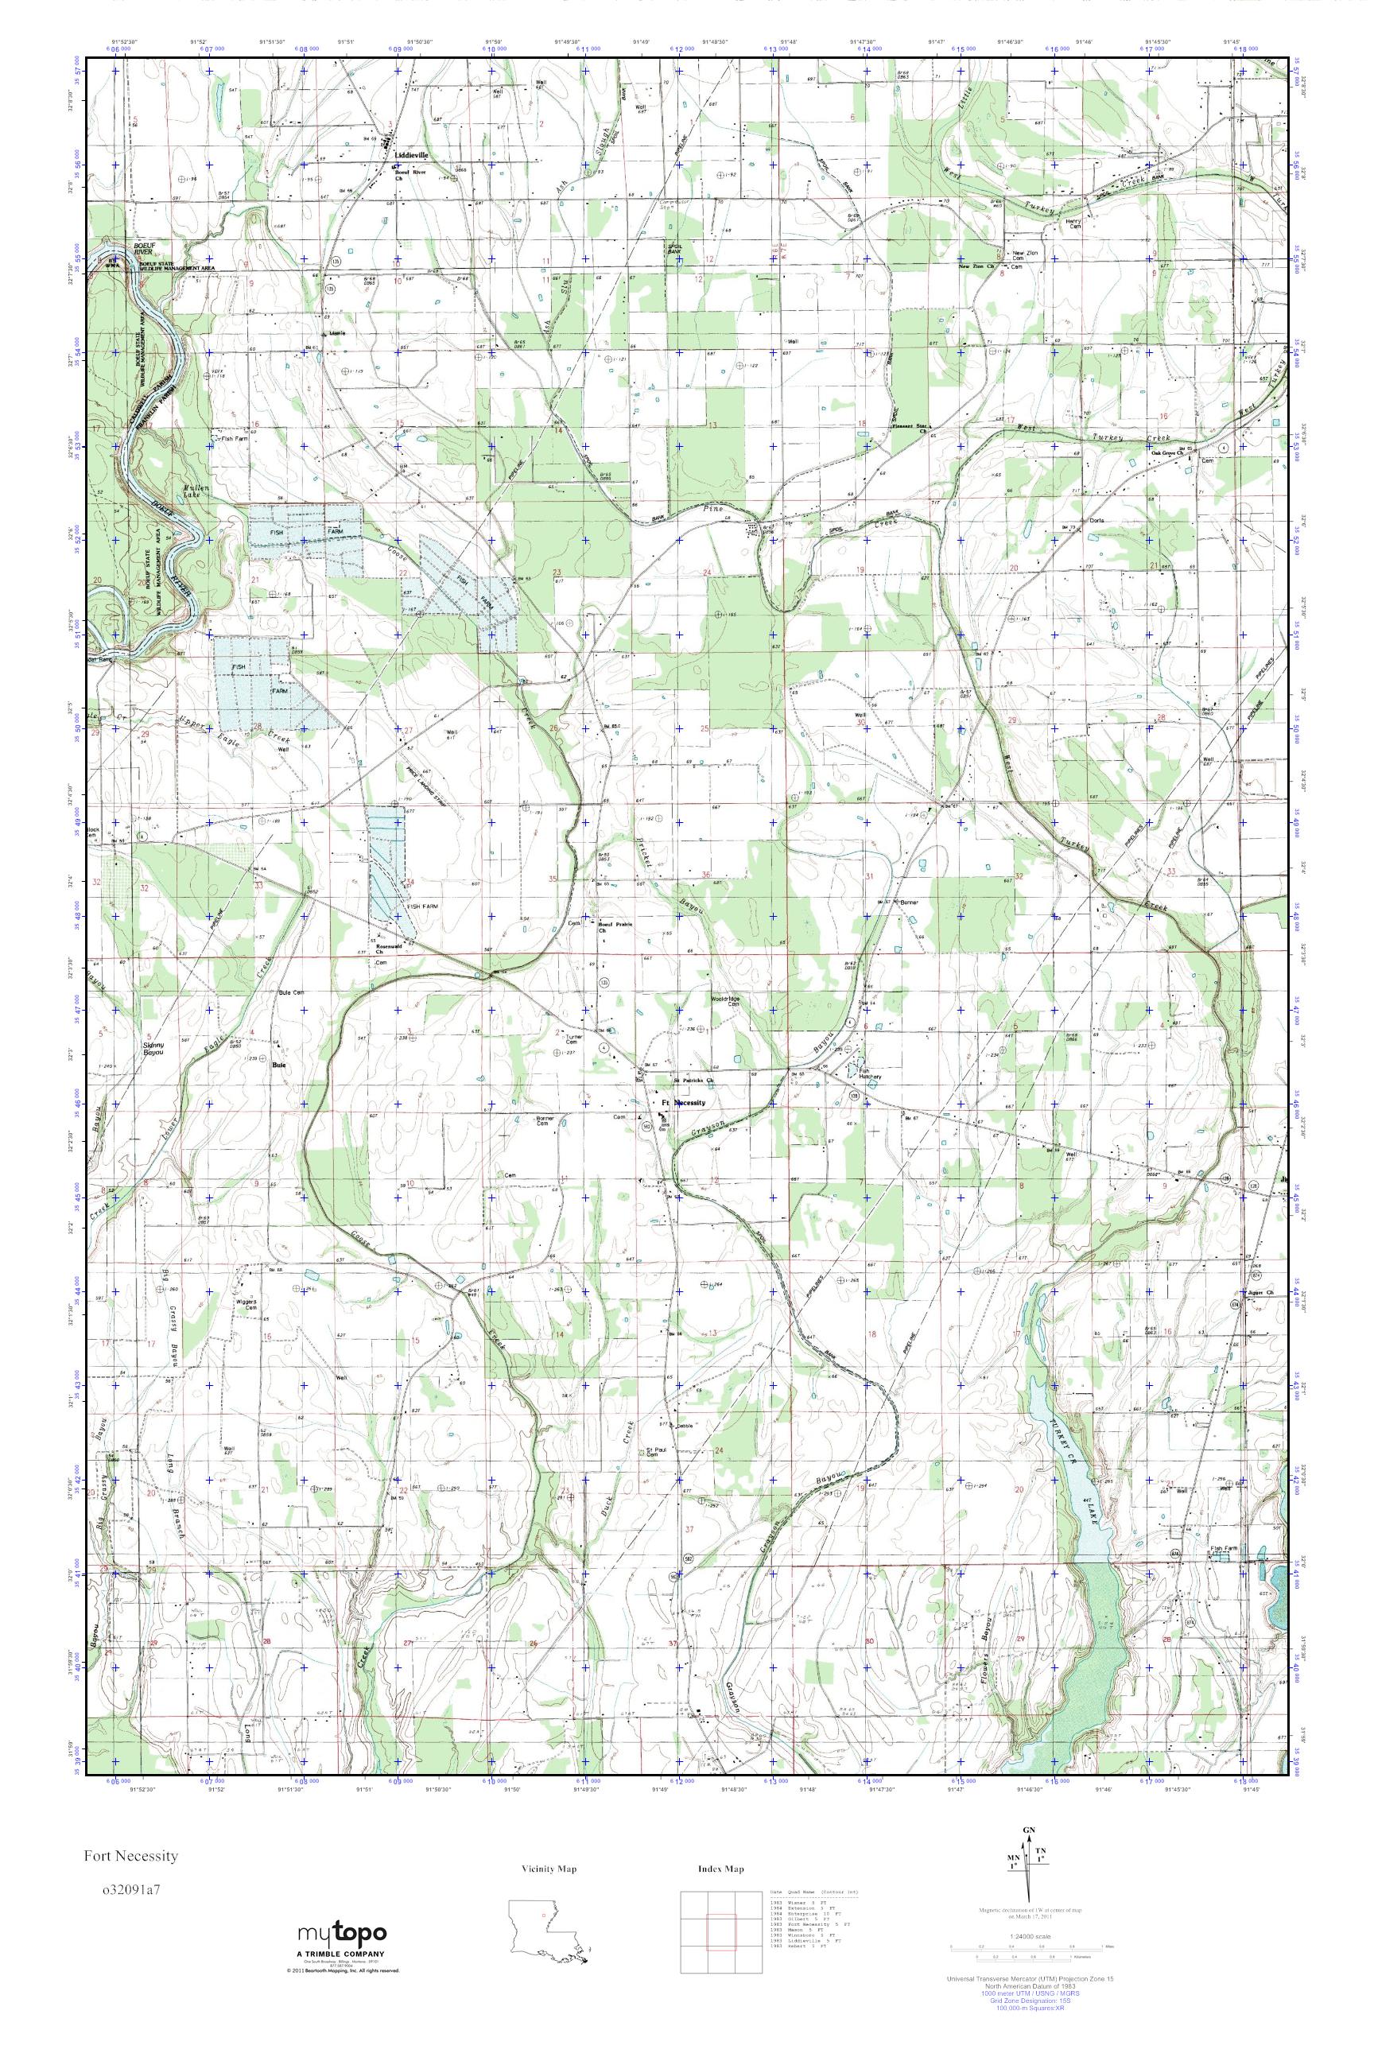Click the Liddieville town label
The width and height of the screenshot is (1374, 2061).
412,154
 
